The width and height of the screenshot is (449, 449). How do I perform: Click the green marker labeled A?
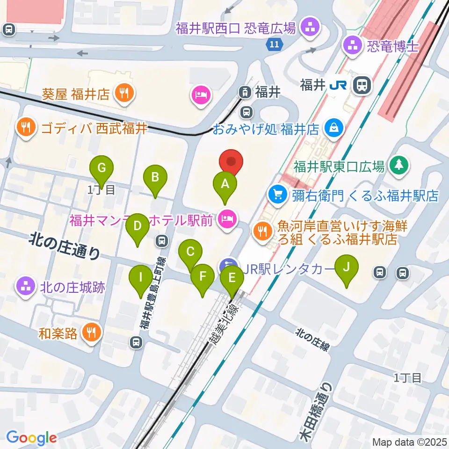click(x=225, y=184)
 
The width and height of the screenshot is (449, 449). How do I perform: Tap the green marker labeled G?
click(x=103, y=167)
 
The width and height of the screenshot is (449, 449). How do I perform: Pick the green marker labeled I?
click(x=141, y=277)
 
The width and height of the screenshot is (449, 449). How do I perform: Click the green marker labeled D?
click(x=138, y=226)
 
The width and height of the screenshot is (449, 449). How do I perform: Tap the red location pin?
click(x=232, y=162)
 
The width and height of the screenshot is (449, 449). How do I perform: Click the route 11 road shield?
click(x=275, y=45)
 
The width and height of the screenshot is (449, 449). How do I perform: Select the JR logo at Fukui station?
click(x=337, y=85)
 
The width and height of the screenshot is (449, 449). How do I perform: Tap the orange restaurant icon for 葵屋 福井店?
click(x=124, y=94)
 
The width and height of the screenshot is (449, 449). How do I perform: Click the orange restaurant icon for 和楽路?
click(x=91, y=333)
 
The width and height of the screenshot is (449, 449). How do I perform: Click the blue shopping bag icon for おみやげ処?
click(x=335, y=128)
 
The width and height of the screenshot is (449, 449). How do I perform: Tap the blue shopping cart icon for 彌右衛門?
click(x=278, y=194)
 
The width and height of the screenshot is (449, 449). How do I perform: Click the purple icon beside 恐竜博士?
click(x=352, y=46)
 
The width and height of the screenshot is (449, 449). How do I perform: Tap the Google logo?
click(x=31, y=438)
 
